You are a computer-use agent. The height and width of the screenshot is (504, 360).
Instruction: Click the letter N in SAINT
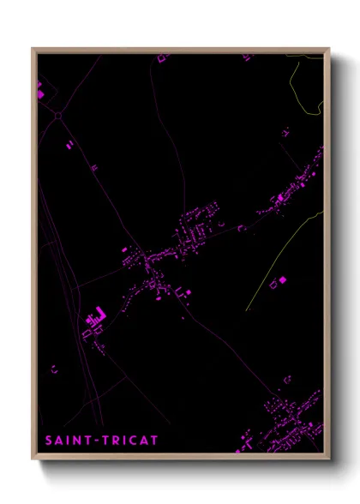pyautogui.click(x=76, y=441)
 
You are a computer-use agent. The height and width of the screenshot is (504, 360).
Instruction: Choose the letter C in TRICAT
pyautogui.click(x=130, y=441)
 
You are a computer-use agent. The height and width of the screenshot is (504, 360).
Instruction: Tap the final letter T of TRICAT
pyautogui.click(x=153, y=441)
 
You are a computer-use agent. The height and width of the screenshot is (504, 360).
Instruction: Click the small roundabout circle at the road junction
pyautogui.click(x=59, y=115)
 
